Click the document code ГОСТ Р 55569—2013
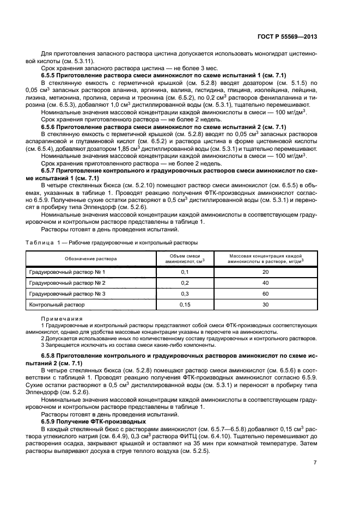[x=287, y=36]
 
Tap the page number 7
[x=315, y=463]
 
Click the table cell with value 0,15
[x=184, y=305]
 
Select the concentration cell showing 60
[x=265, y=293]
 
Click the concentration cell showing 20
[x=265, y=271]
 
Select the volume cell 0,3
[x=184, y=293]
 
